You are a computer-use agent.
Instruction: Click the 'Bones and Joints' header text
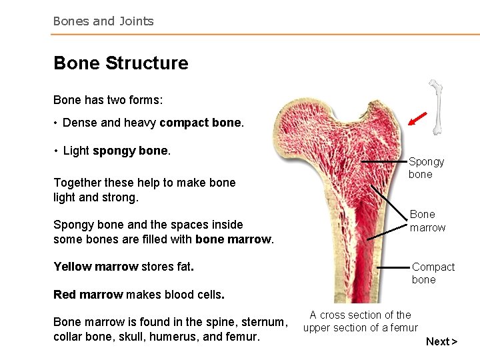coord(103,21)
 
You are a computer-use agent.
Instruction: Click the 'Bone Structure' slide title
coord(121,63)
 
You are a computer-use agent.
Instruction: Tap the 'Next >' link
coord(441,341)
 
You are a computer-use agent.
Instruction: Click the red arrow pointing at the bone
coord(417,119)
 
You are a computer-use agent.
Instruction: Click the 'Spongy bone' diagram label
coord(426,168)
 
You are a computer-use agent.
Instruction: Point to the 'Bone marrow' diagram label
coord(427,221)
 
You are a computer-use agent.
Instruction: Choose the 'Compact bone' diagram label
coord(433,273)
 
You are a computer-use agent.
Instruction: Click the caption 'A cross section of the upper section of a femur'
coord(360,321)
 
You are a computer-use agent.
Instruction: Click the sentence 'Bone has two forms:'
coord(108,100)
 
